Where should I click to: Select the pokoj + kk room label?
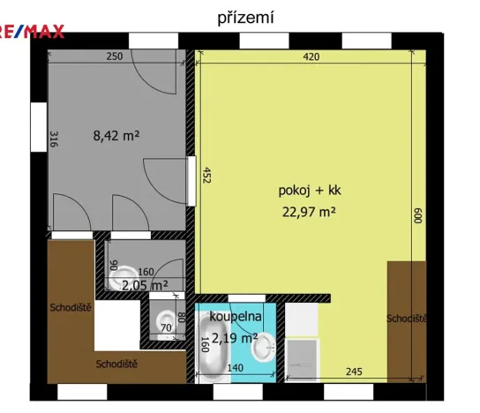coord(296,190)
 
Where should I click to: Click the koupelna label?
coord(236,316)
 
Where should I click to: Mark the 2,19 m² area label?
coord(234,338)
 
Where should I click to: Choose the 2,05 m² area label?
coord(145,285)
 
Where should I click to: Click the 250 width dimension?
coord(115,57)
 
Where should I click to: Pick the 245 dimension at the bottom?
coord(355,371)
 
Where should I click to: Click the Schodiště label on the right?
coord(407,318)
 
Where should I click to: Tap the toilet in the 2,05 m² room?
coord(124,274)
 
